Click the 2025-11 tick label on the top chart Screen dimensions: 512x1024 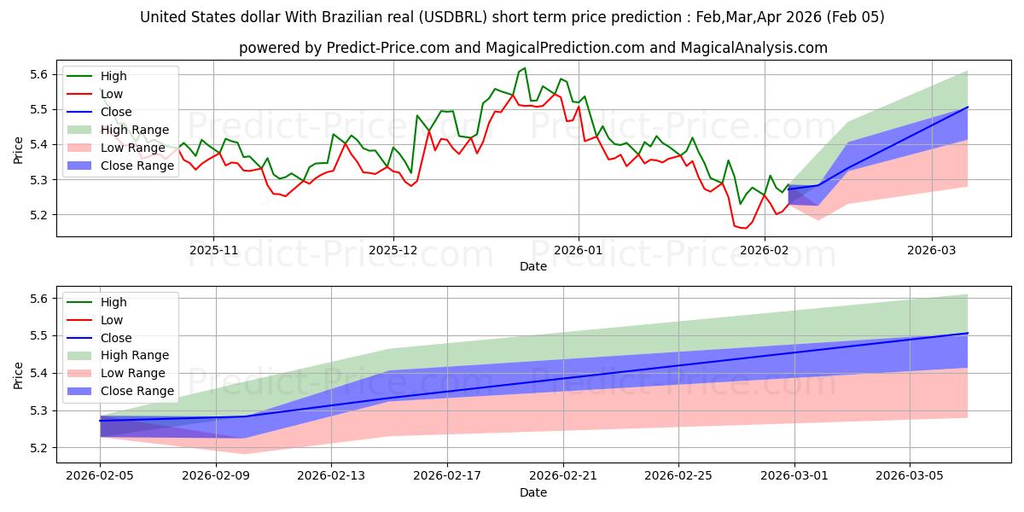tap(213, 251)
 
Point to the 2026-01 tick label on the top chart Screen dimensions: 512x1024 tap(579, 251)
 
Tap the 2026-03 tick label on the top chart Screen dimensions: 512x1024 tap(932, 251)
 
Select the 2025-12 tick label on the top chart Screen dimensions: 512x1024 tap(393, 251)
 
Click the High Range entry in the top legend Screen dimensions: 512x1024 tap(135, 130)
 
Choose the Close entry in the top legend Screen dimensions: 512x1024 tap(116, 112)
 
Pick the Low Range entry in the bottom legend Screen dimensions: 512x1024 tap(133, 373)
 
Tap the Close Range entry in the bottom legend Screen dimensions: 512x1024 tap(137, 391)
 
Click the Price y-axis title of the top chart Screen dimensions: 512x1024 tap(19, 149)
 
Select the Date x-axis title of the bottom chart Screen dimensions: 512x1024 tap(533, 493)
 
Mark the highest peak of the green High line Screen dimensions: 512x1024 tap(525, 68)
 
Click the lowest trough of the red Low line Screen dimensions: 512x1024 tap(745, 228)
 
